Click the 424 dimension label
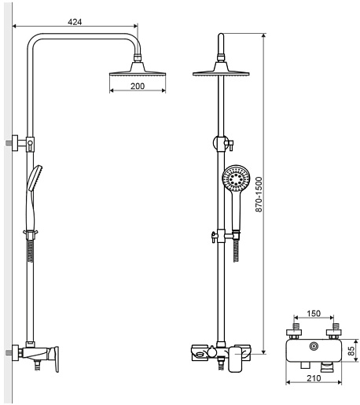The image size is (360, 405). [x=75, y=22]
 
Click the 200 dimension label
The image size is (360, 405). [x=138, y=86]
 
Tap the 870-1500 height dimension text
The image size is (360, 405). [x=259, y=194]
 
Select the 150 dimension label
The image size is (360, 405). [x=314, y=314]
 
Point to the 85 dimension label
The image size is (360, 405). [x=351, y=351]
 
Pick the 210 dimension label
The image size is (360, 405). [x=314, y=378]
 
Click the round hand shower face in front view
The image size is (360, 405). [x=236, y=179]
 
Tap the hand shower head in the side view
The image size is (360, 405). [x=35, y=179]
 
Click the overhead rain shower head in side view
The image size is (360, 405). [x=138, y=68]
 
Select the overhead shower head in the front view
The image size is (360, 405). [x=221, y=69]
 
